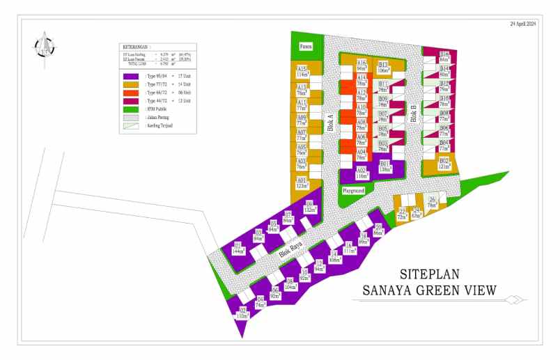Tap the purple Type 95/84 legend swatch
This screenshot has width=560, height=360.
(x=132, y=76)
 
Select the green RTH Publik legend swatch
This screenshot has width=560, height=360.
(x=132, y=109)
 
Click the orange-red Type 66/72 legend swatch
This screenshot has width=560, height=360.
(x=132, y=93)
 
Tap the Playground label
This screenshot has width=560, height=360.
(x=353, y=189)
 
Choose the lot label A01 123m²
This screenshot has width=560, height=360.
(x=302, y=182)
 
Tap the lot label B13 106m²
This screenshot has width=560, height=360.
(x=383, y=67)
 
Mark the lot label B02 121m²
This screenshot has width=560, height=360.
(x=444, y=164)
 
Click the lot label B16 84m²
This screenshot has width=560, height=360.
(x=444, y=56)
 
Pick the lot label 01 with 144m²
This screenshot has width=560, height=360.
(x=238, y=249)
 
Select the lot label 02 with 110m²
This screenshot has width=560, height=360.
(x=242, y=313)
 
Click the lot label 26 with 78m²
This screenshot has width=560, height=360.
(x=432, y=203)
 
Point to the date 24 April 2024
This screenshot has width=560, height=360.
(x=522, y=24)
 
